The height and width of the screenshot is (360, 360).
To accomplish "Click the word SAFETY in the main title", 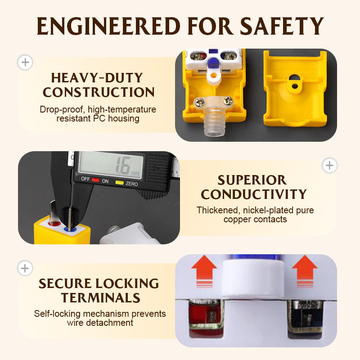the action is click(x=282, y=26).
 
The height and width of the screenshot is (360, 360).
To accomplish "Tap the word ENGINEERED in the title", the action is click(x=108, y=26).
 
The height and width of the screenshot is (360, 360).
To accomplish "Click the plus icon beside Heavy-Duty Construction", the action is click(x=25, y=62).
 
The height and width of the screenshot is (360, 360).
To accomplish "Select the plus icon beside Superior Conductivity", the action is click(x=329, y=165).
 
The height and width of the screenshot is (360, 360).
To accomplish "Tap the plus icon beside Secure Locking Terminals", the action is click(x=25, y=268).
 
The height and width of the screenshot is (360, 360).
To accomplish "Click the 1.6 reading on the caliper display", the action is click(x=123, y=166).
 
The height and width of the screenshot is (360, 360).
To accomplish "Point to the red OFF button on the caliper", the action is click(x=95, y=180).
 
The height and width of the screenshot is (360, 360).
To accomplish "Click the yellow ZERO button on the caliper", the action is click(x=119, y=183).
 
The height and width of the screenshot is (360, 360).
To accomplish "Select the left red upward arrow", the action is click(x=204, y=271).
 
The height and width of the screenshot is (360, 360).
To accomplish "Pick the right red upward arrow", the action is click(x=305, y=271).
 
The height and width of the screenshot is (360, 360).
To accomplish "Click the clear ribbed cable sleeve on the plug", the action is click(x=215, y=121).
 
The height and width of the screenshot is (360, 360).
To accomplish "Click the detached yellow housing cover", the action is click(x=296, y=88).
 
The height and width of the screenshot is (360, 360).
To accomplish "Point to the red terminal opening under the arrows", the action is click(x=206, y=318).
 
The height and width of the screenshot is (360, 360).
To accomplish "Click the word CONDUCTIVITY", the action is click(x=254, y=194).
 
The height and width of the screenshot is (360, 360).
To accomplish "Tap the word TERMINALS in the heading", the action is click(x=100, y=298).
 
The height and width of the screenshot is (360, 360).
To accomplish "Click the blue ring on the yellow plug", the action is click(x=70, y=229).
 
